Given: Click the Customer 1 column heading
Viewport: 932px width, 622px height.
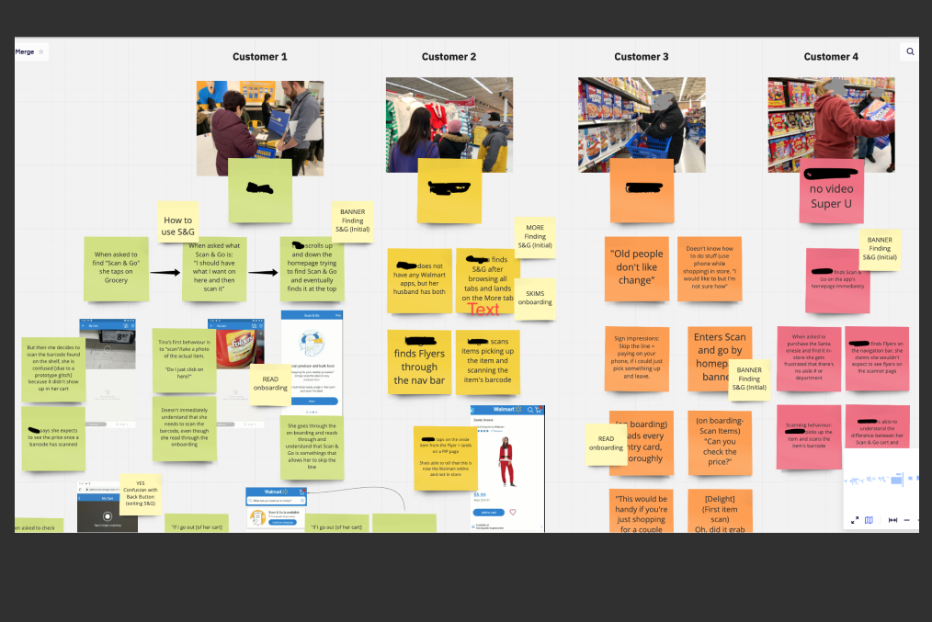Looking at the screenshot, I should point(259,57).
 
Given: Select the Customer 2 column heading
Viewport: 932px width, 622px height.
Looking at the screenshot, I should point(449,57).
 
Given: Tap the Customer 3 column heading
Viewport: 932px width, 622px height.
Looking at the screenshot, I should point(642,57).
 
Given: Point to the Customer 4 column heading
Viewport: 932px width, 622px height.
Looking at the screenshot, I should point(831,57).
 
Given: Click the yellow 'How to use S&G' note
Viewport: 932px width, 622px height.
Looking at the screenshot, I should point(177,225).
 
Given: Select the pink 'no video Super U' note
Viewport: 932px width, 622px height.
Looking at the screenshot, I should point(831,191).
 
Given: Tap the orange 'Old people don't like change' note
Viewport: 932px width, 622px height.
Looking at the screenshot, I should point(635,267).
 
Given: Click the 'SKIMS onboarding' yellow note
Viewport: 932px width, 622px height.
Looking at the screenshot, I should point(535,299).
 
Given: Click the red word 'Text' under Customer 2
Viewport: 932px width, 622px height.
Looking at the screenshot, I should point(483,309).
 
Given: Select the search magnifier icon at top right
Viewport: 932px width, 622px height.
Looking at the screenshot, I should point(910,52).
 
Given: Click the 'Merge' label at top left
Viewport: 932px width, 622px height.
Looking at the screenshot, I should point(25,52).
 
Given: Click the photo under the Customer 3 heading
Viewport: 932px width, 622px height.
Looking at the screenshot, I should point(642,124).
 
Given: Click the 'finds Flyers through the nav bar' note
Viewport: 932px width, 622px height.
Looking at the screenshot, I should point(419,362).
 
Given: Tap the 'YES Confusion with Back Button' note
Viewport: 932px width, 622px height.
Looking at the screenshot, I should point(141,494).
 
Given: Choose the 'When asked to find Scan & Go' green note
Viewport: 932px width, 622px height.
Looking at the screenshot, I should point(116,268).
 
